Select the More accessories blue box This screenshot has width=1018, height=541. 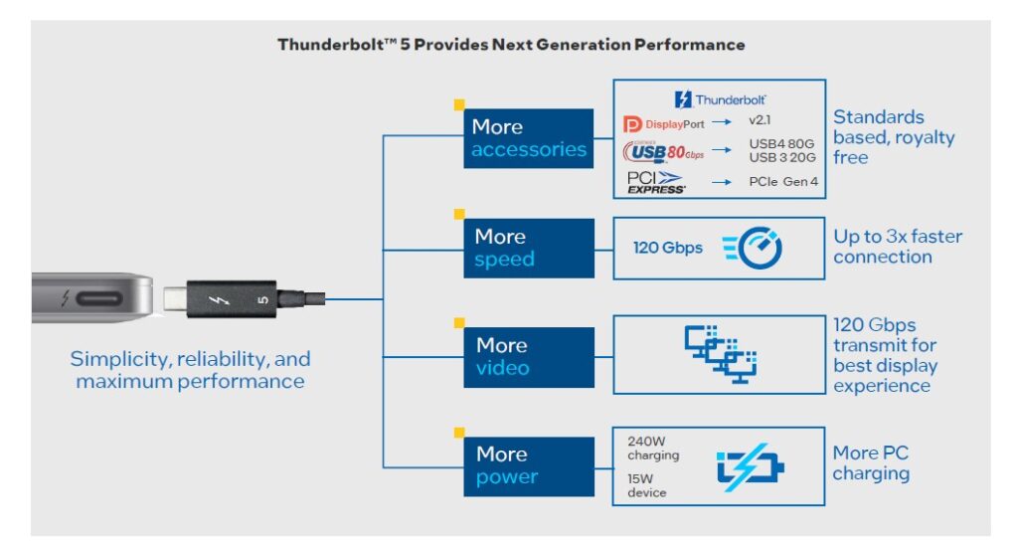pos(529,138)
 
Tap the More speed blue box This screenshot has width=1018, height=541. pos(529,249)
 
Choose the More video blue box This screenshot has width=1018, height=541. pos(529,357)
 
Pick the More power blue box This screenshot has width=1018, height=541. pos(529,465)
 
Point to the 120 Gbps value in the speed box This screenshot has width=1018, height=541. pos(667,248)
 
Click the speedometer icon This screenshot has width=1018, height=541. pos(753,248)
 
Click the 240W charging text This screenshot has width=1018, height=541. pos(653,448)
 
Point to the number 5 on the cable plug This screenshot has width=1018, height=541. pos(262,298)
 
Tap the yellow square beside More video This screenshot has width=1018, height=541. pos(459,322)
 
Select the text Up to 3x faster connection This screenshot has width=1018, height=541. pos(898,247)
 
